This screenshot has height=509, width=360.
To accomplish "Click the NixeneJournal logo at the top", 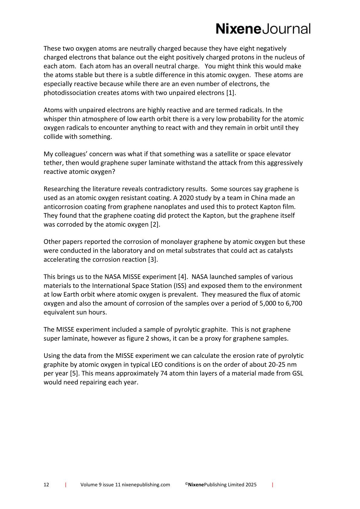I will coord(263,29).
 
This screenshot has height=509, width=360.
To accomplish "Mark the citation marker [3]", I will coord(153,260).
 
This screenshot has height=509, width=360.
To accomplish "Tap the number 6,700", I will coord(294,303).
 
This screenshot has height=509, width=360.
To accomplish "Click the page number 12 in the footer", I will coord(46,485).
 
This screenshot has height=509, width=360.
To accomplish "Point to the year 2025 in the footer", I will coord(251,485).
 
